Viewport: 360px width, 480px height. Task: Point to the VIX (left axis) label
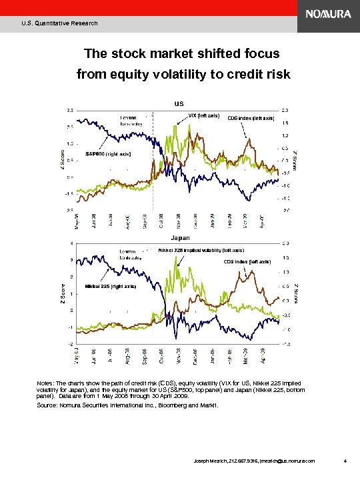205,115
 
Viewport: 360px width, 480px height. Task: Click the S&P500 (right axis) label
109,154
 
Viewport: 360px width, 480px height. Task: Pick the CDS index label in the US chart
251,118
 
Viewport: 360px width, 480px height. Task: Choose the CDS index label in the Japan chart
247,261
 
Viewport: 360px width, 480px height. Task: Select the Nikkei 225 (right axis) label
110,286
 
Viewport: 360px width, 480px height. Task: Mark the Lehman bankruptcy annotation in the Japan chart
132,253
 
